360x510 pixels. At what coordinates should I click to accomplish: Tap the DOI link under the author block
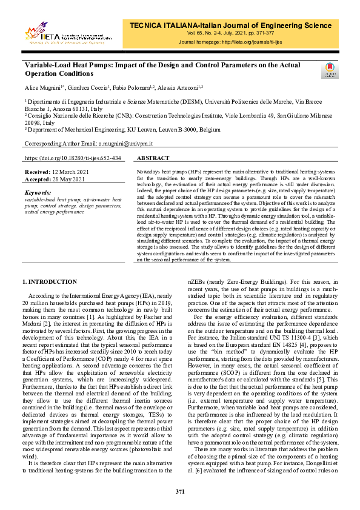(x=73, y=158)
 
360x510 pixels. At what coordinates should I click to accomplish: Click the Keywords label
(x=39, y=192)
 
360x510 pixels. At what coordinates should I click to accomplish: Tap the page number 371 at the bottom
(x=180, y=491)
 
